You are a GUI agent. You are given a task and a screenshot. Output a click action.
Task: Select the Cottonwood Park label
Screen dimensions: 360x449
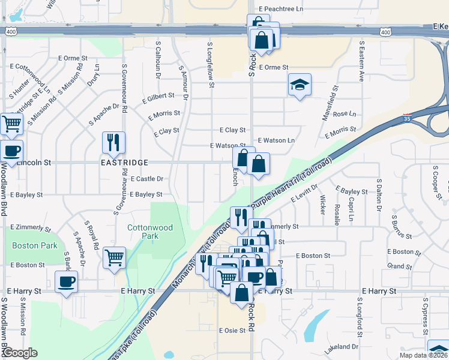click(x=150, y=232)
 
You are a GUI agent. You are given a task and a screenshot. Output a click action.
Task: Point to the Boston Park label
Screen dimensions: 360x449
click(x=35, y=245)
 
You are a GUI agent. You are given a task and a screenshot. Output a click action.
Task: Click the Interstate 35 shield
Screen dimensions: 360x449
click(x=408, y=118)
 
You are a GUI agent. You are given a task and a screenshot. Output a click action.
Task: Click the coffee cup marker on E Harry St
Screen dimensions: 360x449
click(x=66, y=281)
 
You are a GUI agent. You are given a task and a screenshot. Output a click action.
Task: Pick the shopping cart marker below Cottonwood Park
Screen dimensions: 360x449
click(x=114, y=258)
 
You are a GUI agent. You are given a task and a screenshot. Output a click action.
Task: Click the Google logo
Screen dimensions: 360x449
click(x=19, y=353)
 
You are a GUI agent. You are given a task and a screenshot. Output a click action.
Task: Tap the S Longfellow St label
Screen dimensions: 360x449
click(x=211, y=64)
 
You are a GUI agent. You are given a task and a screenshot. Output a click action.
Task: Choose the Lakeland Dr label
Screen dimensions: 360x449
click(x=340, y=347)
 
